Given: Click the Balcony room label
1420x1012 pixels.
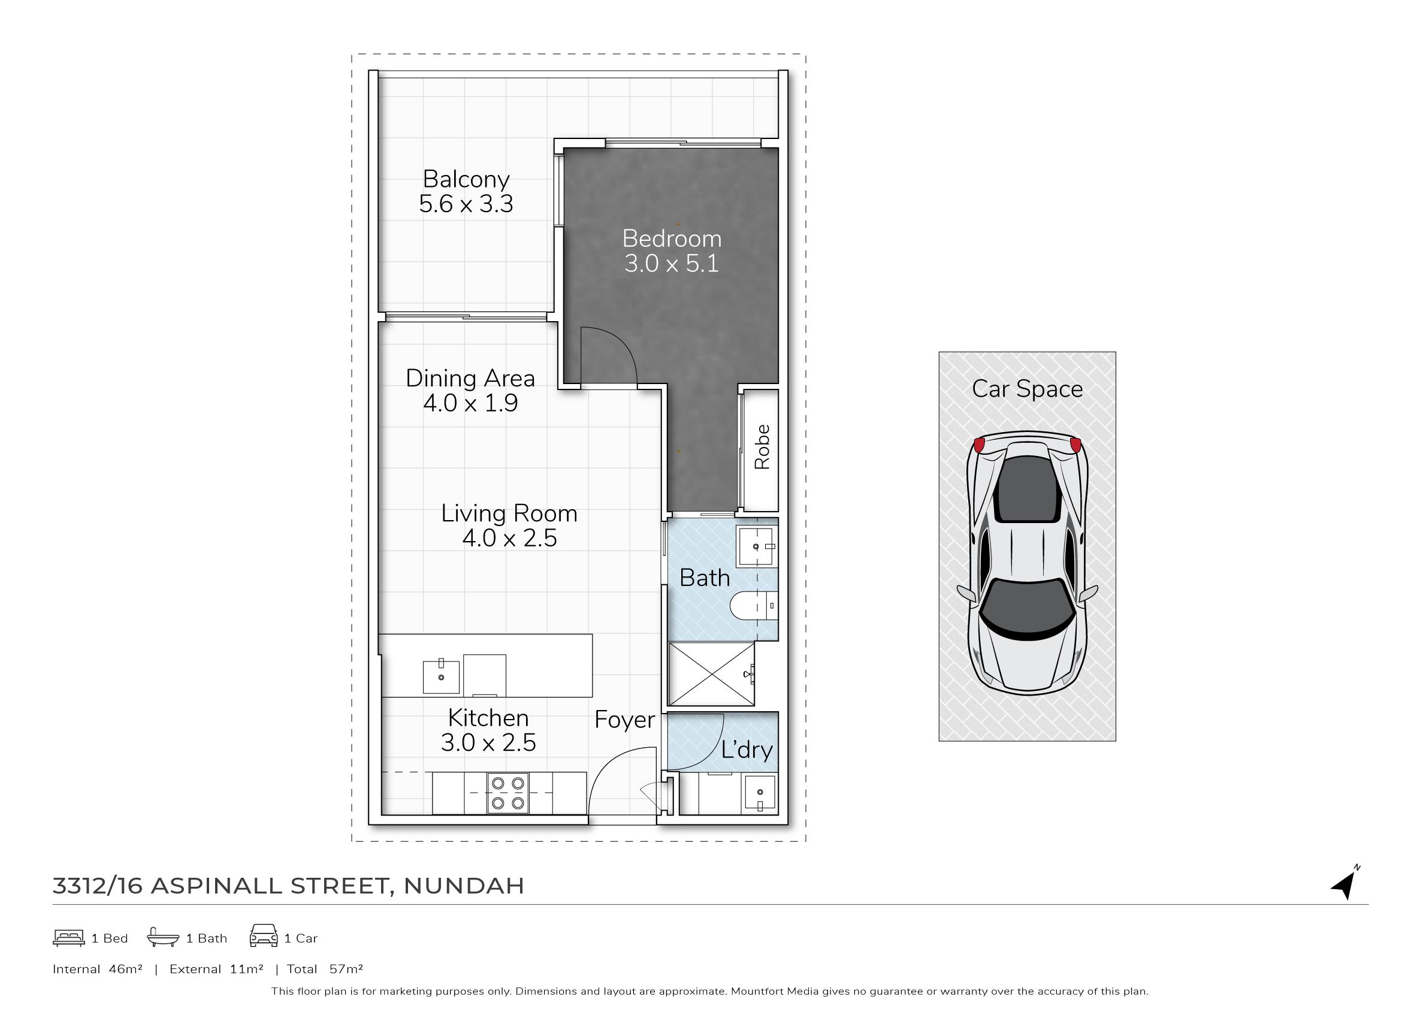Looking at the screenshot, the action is [466, 180].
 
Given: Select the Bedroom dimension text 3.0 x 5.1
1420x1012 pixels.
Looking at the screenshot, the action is [672, 264].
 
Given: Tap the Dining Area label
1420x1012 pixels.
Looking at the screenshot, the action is [470, 378].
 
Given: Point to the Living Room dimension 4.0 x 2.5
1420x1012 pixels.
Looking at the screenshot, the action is [510, 538].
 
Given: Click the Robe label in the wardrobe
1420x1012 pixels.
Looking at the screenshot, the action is [762, 447].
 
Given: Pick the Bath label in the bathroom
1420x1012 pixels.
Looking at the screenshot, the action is [705, 578].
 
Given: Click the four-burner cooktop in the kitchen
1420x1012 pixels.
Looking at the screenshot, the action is [508, 793].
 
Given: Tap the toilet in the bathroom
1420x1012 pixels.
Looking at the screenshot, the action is [753, 606].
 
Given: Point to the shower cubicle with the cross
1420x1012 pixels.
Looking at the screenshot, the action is [711, 674].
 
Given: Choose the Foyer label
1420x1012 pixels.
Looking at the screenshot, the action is [624, 720].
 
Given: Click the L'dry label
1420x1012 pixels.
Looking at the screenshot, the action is [747, 750].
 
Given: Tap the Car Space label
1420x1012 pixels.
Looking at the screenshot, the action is [1028, 389].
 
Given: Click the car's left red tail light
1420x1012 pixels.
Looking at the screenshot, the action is [979, 445].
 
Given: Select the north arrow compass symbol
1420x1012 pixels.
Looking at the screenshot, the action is [1345, 883].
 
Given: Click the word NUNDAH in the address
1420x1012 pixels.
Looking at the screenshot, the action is [464, 886].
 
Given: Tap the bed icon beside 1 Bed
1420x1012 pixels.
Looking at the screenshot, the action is [69, 938].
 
